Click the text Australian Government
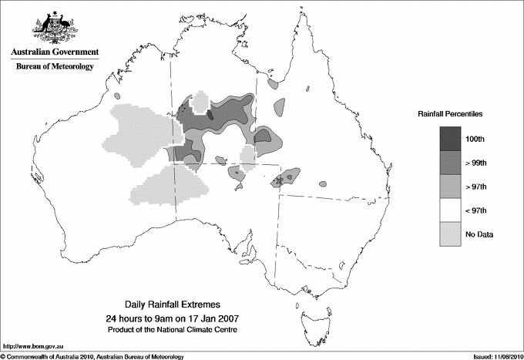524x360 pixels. tap(54, 52)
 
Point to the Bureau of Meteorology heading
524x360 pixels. tap(54, 67)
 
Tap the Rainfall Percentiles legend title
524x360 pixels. tap(450, 113)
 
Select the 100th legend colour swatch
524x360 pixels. tap(450, 138)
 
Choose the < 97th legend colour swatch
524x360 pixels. tap(450, 210)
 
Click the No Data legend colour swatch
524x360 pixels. tap(450, 234)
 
